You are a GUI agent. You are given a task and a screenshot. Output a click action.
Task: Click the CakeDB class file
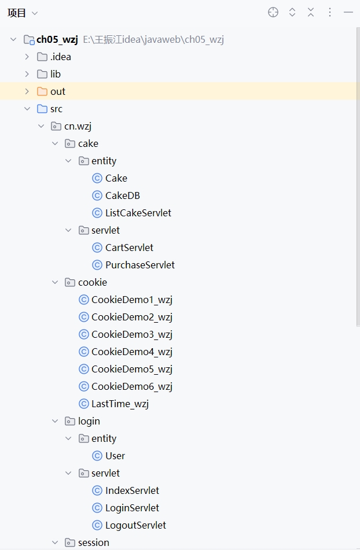click(x=122, y=195)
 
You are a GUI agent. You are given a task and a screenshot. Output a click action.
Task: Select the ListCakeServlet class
click(x=138, y=213)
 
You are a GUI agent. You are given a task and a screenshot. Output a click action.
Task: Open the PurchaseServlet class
click(x=139, y=265)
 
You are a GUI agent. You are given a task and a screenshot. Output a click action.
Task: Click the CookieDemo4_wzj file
click(x=131, y=352)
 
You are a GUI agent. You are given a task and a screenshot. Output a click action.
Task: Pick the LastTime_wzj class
click(x=120, y=404)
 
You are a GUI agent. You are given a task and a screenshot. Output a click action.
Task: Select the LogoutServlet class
click(x=135, y=525)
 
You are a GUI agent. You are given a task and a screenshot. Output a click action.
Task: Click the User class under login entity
click(x=115, y=456)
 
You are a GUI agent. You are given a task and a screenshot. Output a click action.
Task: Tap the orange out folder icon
click(x=42, y=91)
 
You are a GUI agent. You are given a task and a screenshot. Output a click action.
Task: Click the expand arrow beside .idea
click(x=27, y=57)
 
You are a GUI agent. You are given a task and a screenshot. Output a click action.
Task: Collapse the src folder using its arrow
click(x=27, y=109)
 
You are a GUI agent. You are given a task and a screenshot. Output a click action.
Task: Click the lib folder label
click(x=55, y=74)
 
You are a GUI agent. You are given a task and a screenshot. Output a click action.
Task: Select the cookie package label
click(x=92, y=282)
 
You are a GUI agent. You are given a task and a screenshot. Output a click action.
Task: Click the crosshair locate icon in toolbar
click(x=273, y=12)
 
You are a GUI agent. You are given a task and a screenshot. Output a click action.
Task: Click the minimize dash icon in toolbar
click(x=348, y=12)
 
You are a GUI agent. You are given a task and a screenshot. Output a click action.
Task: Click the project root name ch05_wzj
click(x=57, y=39)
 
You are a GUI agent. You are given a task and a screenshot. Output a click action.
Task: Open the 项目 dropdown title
click(x=22, y=13)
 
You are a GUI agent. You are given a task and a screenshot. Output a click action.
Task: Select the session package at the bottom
click(x=93, y=542)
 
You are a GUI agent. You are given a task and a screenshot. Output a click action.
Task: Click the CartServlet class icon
click(x=97, y=248)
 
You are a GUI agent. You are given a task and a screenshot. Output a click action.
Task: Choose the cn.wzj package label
click(x=78, y=126)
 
